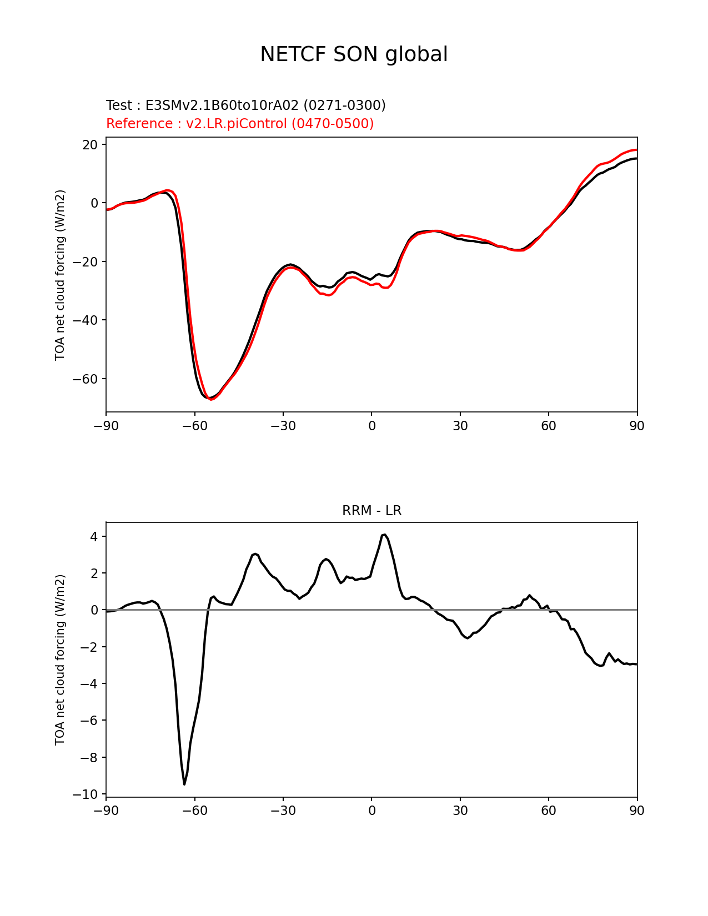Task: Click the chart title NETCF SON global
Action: pos(354,54)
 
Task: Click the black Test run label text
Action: pos(246,105)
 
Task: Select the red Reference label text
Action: pos(240,123)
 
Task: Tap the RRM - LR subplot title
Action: pos(371,511)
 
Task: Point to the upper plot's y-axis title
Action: pos(60,275)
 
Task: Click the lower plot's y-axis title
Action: pos(60,660)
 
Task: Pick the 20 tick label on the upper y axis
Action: pos(90,145)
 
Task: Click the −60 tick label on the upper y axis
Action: pos(85,379)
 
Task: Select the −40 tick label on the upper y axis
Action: pos(85,321)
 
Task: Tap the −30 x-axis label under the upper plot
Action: pos(283,426)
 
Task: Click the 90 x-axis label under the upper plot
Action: pos(637,426)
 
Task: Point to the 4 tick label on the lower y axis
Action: pos(94,537)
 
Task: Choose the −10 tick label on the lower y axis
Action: pos(85,794)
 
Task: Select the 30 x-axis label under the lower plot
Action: pos(460,811)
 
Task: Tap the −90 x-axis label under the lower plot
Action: pos(106,811)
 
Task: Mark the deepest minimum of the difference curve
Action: pos(184,784)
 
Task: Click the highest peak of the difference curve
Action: pos(385,535)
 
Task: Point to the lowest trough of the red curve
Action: pos(211,399)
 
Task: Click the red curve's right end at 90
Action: pos(637,150)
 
